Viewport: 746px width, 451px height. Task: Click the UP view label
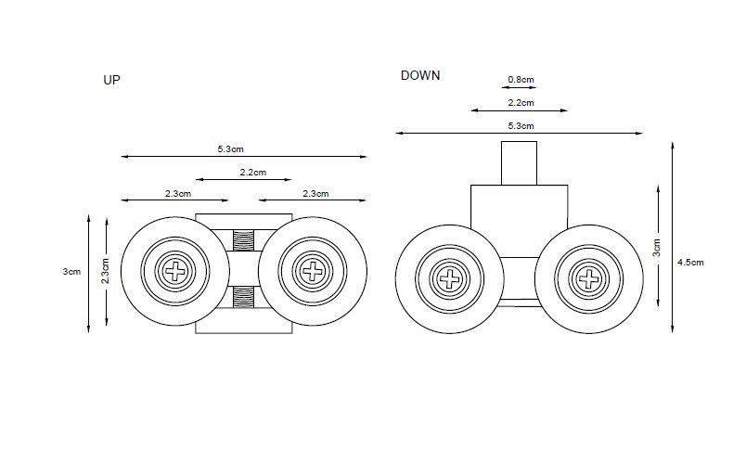click(111, 80)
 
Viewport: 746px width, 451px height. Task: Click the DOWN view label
click(420, 75)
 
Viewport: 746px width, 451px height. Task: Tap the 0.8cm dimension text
click(521, 80)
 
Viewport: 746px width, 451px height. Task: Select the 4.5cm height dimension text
click(690, 262)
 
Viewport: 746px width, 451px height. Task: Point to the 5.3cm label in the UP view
click(230, 148)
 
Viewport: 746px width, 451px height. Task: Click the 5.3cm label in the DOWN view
click(521, 125)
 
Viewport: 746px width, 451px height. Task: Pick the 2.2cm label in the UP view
click(253, 173)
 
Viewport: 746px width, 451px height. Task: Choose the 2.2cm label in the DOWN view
click(521, 102)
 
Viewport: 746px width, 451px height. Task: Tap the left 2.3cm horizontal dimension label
click(178, 194)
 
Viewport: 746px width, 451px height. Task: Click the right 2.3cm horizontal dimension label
click(315, 194)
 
